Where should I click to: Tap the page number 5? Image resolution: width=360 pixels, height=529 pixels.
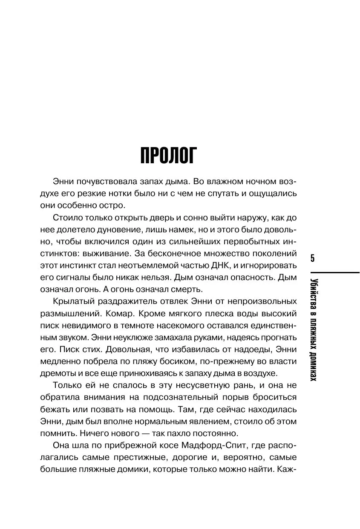tap(313, 258)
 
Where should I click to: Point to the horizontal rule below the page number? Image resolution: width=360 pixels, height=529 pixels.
tap(335, 273)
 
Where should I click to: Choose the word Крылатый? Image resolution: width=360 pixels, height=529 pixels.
tap(73, 301)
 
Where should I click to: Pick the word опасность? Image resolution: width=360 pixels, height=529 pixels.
tap(250, 278)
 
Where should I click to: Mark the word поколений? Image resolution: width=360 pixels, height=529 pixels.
tap(275, 253)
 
